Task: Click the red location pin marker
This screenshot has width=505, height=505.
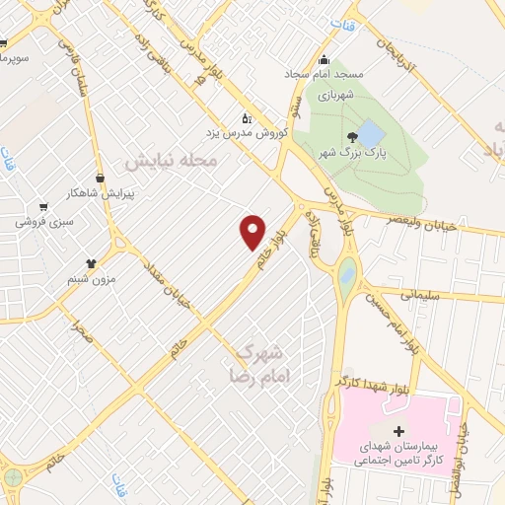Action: [x=253, y=231]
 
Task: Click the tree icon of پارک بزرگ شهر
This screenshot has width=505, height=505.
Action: [x=352, y=137]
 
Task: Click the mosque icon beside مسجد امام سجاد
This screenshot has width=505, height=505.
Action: [x=324, y=58]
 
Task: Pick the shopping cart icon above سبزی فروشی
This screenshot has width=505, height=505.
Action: [x=43, y=207]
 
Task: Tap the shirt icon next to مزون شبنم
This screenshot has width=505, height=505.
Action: [x=92, y=263]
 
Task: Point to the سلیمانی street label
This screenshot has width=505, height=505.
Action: [x=426, y=294]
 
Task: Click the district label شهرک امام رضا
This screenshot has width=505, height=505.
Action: [x=258, y=364]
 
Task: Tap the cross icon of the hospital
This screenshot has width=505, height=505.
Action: [x=397, y=431]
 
